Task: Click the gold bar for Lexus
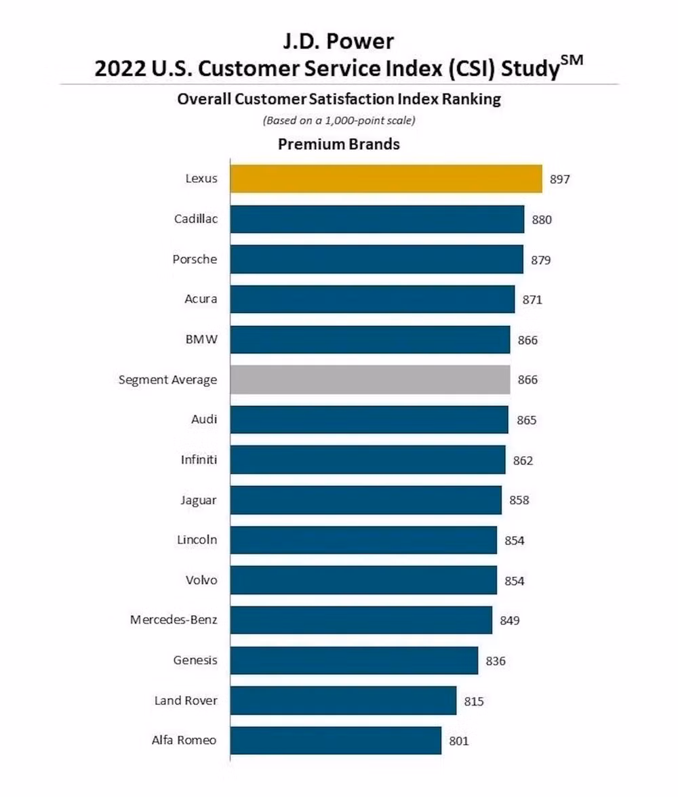coord(386,179)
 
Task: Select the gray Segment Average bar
coord(370,380)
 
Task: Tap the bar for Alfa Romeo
coord(336,741)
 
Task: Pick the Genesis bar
coord(354,660)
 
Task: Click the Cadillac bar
coord(377,219)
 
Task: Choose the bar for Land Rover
coord(343,700)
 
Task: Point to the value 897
coord(559,180)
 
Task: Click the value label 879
coord(541,260)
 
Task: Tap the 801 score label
coord(459,741)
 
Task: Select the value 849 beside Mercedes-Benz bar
coord(510,620)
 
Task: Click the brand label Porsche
coord(195,259)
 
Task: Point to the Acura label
coord(201,299)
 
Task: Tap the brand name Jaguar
coord(199,500)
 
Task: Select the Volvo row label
coord(201,580)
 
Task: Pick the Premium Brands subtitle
coord(338,144)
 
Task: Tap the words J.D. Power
coord(338,42)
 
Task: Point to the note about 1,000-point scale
coord(338,121)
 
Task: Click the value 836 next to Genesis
coord(496,661)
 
